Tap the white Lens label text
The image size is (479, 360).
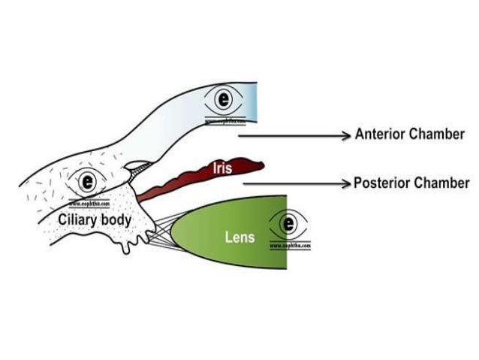pyautogui.click(x=240, y=237)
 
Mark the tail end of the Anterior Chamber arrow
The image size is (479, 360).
pyautogui.click(x=239, y=135)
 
